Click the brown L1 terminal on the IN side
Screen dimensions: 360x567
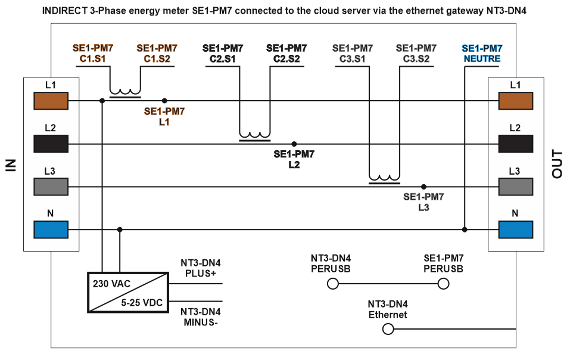point(51,101)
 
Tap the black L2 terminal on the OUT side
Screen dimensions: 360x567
point(515,144)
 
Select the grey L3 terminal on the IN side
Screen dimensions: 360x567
point(51,187)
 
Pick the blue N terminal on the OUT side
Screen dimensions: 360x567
point(515,229)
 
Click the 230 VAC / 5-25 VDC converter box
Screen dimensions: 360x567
point(127,293)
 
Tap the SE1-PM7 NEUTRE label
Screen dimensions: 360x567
point(482,53)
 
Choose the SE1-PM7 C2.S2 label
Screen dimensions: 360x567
point(286,53)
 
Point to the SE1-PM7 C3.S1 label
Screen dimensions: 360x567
point(353,53)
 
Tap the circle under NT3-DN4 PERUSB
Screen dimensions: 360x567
point(332,285)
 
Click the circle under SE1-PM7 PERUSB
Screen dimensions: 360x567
point(443,285)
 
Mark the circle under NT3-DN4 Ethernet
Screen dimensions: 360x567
point(388,328)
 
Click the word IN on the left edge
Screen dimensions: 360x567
point(10,165)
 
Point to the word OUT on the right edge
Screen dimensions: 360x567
point(557,165)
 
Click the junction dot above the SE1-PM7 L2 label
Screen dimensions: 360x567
point(294,144)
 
